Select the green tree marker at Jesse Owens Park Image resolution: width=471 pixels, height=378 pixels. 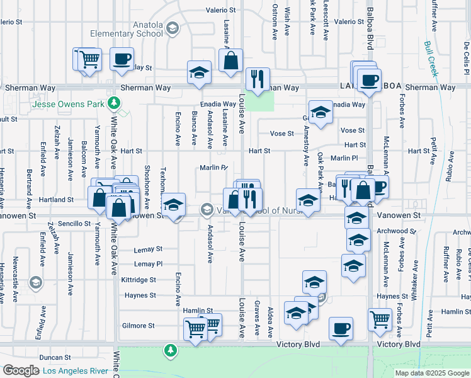(x=113, y=103)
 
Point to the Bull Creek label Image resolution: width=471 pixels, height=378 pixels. (x=431, y=59)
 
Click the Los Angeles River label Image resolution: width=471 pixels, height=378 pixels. (x=75, y=370)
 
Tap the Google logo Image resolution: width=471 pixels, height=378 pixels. (x=20, y=370)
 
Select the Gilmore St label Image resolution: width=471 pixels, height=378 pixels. (x=138, y=326)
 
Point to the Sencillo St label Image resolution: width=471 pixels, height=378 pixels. (x=75, y=224)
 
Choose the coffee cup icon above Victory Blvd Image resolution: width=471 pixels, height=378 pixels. (x=341, y=329)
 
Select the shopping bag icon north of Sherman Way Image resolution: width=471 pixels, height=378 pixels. (x=231, y=61)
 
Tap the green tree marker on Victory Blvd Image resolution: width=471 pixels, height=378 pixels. (x=169, y=349)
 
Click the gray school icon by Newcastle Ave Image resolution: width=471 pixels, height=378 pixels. (x=35, y=282)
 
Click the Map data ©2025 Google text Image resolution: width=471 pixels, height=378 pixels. (x=431, y=373)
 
